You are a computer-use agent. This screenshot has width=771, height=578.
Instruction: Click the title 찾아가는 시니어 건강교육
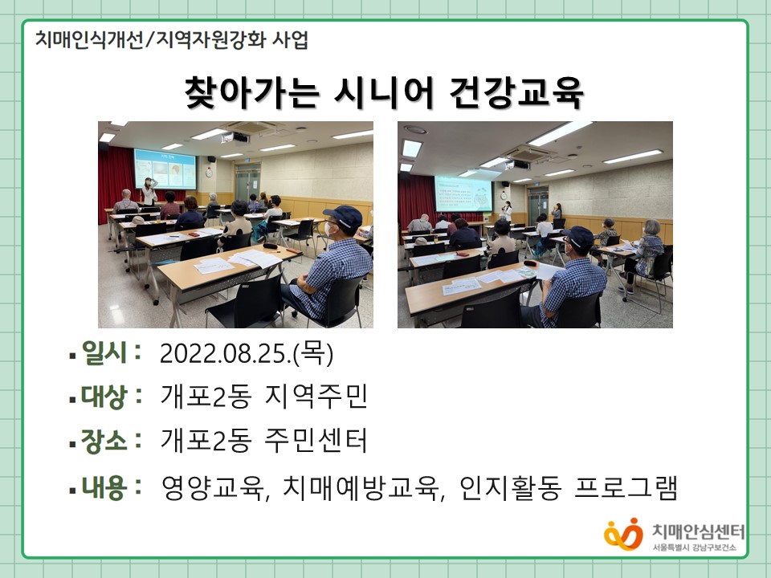click(384, 92)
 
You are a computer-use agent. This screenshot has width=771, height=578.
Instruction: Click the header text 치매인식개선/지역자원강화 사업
click(172, 40)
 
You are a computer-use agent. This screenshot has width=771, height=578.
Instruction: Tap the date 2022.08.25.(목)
click(247, 353)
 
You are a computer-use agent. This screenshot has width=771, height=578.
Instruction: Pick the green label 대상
click(104, 396)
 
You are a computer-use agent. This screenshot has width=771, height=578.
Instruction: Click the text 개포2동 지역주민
click(264, 396)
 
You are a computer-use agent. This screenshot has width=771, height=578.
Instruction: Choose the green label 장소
click(104, 440)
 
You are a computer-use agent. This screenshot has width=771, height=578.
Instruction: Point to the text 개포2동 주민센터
click(264, 440)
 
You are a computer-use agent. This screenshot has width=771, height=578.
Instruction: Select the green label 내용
click(104, 487)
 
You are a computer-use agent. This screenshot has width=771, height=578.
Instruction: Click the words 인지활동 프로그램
click(569, 488)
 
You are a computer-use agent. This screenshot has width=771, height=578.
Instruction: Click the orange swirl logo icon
click(623, 535)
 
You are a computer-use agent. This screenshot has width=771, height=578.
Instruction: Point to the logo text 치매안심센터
click(698, 531)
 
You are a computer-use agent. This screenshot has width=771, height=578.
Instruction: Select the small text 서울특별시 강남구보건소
click(694, 547)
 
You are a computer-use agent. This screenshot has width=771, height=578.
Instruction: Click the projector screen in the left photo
click(165, 169)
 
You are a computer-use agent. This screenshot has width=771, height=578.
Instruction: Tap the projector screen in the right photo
click(463, 193)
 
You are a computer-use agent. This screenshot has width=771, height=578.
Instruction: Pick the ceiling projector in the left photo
click(235, 137)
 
